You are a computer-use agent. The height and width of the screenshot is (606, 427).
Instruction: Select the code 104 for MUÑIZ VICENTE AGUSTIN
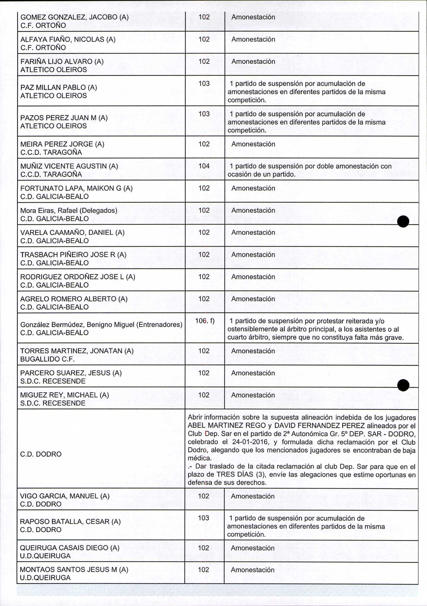(x=204, y=166)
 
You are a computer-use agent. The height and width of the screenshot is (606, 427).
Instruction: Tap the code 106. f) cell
(x=205, y=321)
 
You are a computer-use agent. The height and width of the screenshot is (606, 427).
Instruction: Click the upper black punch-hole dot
(x=403, y=221)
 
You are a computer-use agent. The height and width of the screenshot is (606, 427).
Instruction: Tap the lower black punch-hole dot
(x=403, y=385)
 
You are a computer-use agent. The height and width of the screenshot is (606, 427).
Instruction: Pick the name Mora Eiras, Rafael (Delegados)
(x=69, y=210)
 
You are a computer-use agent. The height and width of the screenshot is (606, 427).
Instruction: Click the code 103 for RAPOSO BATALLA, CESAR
(x=204, y=518)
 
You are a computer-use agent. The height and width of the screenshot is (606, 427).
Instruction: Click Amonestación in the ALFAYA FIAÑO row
(x=253, y=39)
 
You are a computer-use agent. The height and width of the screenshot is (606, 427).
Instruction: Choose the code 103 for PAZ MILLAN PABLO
(x=204, y=83)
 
